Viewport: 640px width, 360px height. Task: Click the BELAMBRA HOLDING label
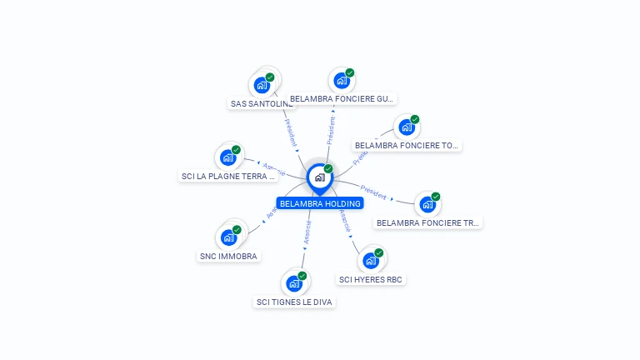[x=320, y=203]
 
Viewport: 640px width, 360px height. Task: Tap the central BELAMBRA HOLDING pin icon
[x=319, y=177]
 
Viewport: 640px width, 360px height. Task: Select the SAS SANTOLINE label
[x=262, y=104]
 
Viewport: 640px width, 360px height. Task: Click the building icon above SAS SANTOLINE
[x=262, y=85]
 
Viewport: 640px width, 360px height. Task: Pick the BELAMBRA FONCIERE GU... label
[x=342, y=99]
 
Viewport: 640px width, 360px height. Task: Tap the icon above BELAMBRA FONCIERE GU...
[x=341, y=81]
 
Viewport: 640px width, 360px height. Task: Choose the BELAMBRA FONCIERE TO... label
[x=407, y=145]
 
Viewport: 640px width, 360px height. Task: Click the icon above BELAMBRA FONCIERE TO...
[x=406, y=127]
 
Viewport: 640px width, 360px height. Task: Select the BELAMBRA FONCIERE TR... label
[x=428, y=222]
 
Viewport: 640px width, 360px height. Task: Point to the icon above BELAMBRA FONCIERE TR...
[x=427, y=204]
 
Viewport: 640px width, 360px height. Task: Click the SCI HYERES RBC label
[x=372, y=279]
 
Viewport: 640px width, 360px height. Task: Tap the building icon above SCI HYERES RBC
[x=371, y=261]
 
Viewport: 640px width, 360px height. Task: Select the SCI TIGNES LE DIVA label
[x=295, y=302]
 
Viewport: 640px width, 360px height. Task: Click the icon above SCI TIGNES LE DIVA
[x=294, y=283]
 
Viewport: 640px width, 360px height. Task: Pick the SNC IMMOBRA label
[x=229, y=256]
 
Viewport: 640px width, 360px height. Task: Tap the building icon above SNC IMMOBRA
[x=228, y=237]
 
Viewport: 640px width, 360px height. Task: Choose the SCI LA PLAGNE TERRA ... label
[x=228, y=176]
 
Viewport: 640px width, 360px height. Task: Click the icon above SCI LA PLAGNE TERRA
[x=227, y=157]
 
